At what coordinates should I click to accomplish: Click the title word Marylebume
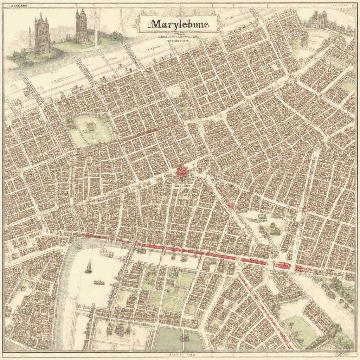[179, 24]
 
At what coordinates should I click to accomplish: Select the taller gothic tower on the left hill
[42, 33]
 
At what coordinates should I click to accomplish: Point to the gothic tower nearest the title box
[81, 26]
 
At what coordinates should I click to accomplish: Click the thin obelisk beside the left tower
[30, 39]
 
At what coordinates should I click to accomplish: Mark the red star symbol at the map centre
[181, 172]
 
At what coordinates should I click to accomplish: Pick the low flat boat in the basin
[99, 282]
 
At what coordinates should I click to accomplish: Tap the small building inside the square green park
[91, 126]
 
